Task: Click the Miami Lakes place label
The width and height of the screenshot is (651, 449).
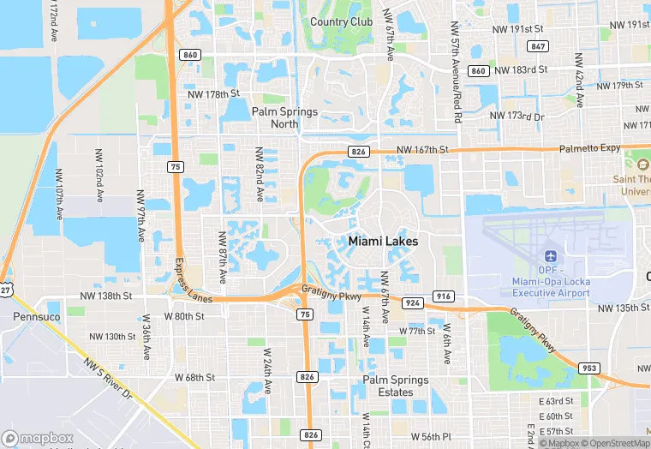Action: click(383, 242)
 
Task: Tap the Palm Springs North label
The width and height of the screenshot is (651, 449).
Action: click(285, 118)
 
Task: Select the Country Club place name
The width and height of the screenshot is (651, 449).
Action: click(341, 21)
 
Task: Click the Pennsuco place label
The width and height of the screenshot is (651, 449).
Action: click(36, 316)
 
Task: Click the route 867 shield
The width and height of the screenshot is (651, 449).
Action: click(538, 46)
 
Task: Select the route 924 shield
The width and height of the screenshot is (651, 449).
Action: click(413, 303)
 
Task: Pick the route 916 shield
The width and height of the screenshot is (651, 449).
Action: click(444, 296)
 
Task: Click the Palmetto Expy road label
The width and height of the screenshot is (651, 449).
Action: click(590, 148)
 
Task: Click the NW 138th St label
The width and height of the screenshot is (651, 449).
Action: click(106, 296)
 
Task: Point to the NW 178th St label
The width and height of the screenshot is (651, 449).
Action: click(211, 93)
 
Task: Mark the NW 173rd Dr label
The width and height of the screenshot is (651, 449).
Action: click(517, 116)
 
